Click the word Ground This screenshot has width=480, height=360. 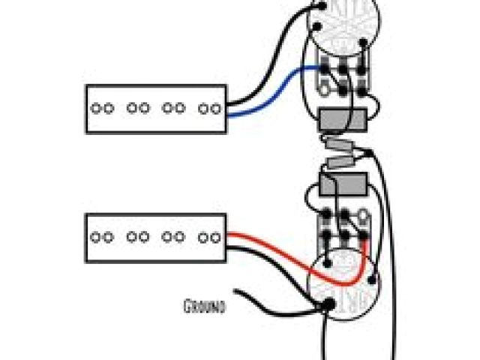pyautogui.click(x=204, y=305)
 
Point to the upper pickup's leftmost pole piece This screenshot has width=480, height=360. pyautogui.click(x=97, y=108)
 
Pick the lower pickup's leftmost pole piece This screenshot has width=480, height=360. pyautogui.click(x=97, y=237)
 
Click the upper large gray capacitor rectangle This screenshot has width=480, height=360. pyautogui.click(x=341, y=120)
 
